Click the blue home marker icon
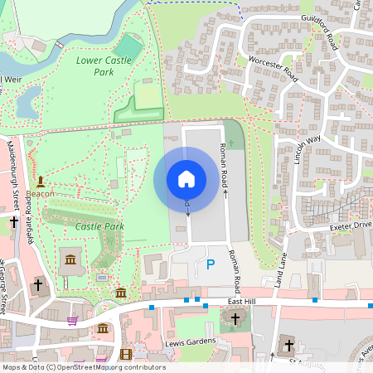coord(186,178)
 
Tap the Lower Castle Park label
coord(106,66)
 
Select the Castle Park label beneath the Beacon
coord(99,226)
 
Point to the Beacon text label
coord(40,194)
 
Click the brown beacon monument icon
coord(40,181)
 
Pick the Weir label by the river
coord(12,79)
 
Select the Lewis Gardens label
coord(191,342)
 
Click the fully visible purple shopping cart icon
coord(72,321)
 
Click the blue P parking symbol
coord(210,265)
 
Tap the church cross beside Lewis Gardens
coord(235,318)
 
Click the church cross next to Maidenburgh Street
coord(14,222)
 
